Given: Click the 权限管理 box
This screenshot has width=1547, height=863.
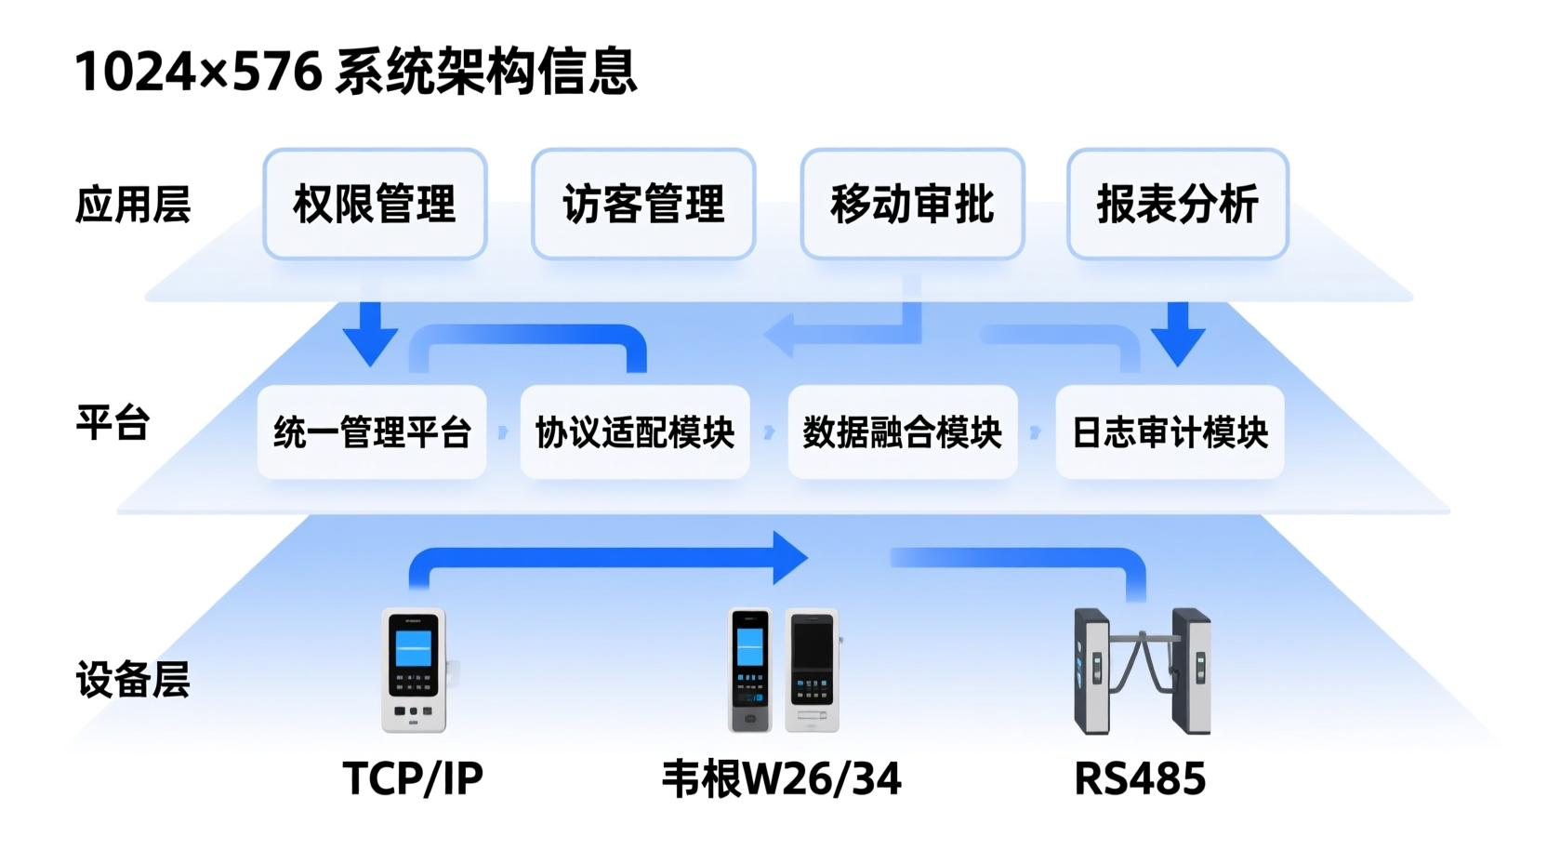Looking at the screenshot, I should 375,204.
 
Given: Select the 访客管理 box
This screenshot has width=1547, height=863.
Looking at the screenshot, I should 643,204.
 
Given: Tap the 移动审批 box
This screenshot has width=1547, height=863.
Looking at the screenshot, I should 912,204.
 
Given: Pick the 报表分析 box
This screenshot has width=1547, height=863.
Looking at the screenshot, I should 1178,204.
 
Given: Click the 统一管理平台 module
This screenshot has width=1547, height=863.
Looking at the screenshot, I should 372,432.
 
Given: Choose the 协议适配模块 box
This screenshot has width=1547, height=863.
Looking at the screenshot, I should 635,432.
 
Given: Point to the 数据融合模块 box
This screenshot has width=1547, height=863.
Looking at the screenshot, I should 903,432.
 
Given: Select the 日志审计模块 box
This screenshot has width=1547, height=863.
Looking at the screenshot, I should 1170,432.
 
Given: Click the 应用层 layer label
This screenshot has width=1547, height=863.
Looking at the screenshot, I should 133,205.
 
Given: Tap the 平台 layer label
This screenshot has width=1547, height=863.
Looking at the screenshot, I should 112,423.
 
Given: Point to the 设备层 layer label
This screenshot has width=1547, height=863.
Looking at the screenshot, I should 133,680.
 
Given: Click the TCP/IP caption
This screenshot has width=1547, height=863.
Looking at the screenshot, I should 413,778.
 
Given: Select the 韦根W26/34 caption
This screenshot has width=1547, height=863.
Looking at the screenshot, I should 781,778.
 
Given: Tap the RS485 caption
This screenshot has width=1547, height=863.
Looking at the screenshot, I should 1140,778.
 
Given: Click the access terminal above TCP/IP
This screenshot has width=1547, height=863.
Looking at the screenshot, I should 415,670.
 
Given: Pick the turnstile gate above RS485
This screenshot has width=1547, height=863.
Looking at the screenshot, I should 1143,670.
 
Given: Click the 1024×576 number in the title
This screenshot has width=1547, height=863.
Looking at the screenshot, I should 198,72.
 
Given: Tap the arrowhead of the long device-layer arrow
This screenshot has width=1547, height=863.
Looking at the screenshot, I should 788,558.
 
